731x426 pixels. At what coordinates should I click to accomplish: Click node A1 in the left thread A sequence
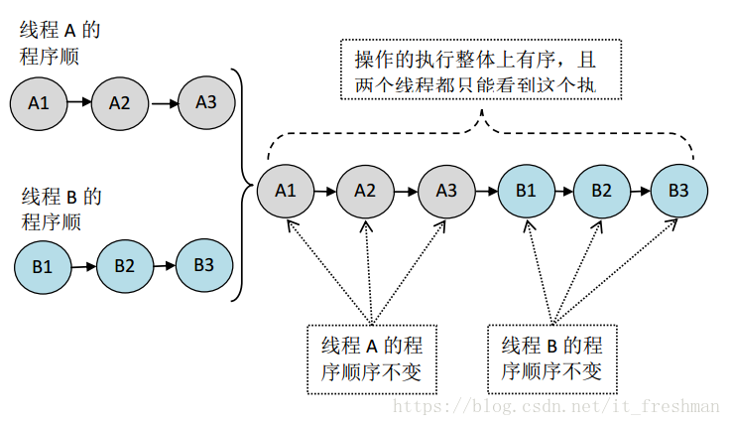pos(39,102)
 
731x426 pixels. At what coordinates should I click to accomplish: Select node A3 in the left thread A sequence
pos(206,101)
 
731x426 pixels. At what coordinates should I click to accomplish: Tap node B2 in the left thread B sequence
pos(123,266)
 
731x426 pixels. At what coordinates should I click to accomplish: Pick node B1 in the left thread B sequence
pos(43,266)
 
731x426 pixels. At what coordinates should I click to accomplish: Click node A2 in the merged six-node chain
pos(365,190)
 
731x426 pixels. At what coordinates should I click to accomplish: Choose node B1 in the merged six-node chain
pos(526,190)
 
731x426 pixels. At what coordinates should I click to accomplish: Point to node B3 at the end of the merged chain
pos(679,190)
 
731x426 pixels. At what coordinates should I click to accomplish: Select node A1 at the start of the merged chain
pos(286,190)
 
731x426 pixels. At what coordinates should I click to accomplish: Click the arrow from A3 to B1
pos(485,190)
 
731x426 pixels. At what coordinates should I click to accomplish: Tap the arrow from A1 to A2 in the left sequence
pos(79,102)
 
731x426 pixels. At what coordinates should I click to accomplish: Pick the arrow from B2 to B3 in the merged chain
pos(640,190)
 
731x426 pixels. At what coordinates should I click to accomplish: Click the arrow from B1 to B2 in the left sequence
pos(83,266)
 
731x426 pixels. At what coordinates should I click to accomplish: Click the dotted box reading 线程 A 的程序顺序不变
pos(372,357)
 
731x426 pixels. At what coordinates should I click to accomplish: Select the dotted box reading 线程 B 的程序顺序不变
pos(551,357)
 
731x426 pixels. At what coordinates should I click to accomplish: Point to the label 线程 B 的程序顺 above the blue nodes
pos(61,208)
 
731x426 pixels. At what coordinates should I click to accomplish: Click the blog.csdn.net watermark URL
pos(555,407)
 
